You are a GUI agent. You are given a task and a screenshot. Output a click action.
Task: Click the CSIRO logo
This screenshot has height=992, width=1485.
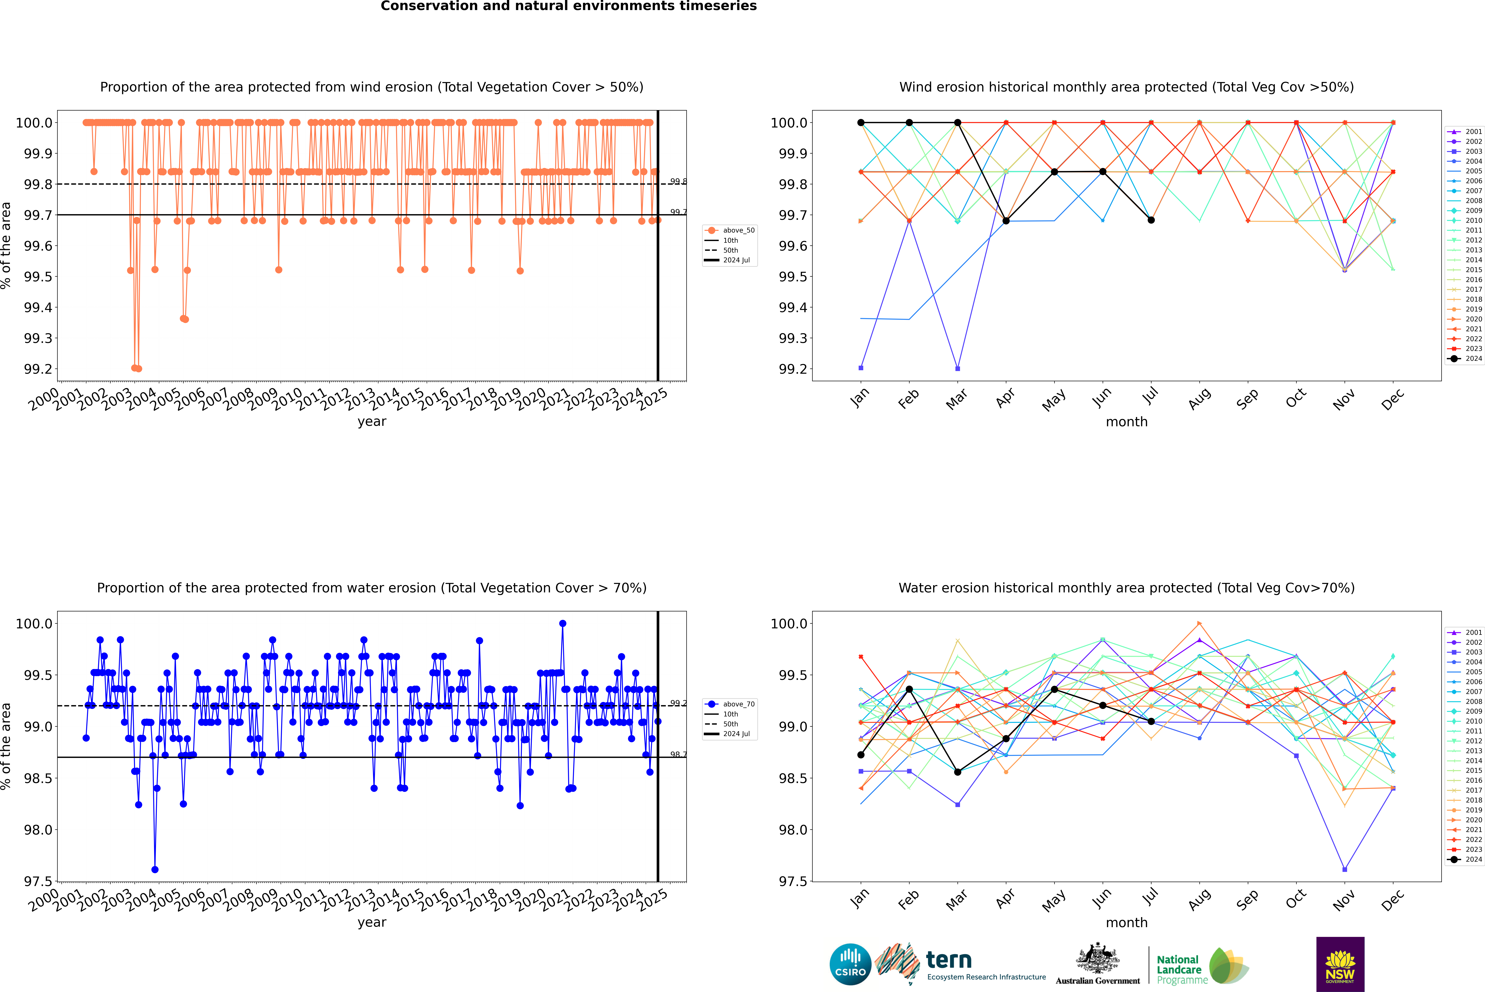[x=850, y=964]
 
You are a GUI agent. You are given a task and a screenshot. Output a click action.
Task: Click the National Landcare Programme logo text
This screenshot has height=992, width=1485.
[x=1179, y=969]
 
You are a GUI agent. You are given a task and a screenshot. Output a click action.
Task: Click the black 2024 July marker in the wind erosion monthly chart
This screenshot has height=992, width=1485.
[x=1151, y=220]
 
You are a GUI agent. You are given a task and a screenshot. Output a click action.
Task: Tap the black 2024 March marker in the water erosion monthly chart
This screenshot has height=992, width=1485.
[x=957, y=772]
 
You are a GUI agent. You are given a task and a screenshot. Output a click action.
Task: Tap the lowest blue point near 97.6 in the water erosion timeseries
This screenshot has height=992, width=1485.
[x=155, y=869]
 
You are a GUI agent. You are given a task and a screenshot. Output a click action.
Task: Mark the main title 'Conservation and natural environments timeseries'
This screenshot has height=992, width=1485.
[x=568, y=6]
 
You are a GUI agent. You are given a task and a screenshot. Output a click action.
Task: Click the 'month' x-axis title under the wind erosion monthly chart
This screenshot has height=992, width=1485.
[x=1126, y=422]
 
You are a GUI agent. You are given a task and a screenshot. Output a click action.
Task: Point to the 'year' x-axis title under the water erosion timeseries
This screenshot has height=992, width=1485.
[x=372, y=922]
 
